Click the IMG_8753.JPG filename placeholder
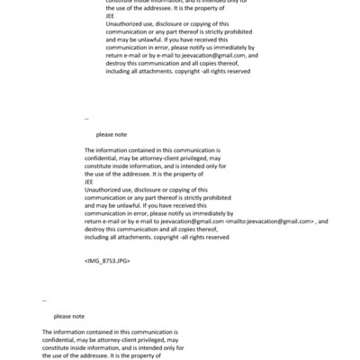pyautogui.click(x=106, y=259)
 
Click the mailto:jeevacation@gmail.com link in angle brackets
pyautogui.click(x=271, y=221)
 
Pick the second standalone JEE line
pyautogui.click(x=88, y=182)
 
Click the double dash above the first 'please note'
pyautogui.click(x=86, y=119)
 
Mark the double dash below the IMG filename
pyautogui.click(x=45, y=301)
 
